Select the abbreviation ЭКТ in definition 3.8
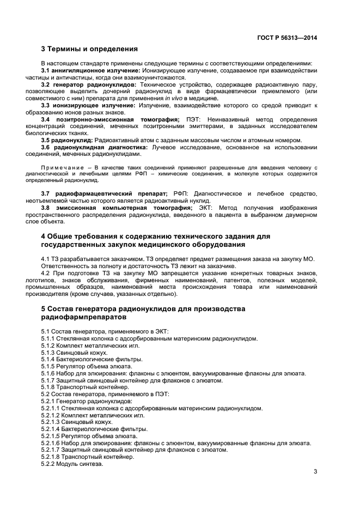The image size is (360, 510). [x=204, y=208]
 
